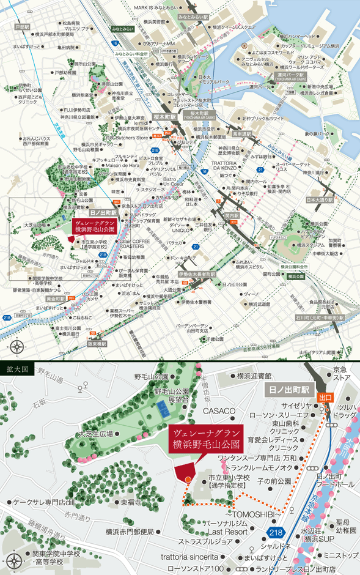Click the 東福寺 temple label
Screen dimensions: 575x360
tap(131, 502)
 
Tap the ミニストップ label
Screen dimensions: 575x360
tap(340, 555)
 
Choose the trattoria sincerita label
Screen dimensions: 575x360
tap(189, 558)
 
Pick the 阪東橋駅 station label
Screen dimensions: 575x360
tap(98, 344)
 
